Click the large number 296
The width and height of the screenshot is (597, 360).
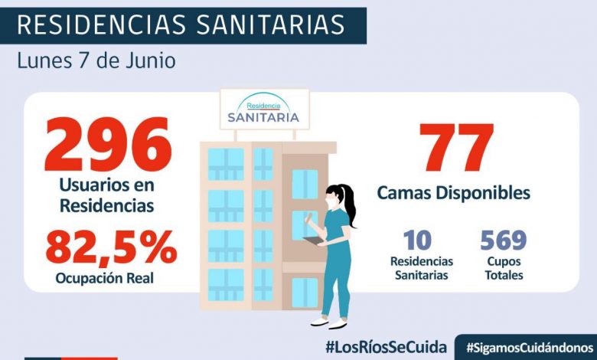pos(107,146)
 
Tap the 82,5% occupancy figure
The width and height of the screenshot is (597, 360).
pos(111,248)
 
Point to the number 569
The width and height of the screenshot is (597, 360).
pos(503,241)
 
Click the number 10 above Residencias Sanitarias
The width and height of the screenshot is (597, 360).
pos(418,241)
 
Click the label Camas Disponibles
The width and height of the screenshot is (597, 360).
pos(453,192)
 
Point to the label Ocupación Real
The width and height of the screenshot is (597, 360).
pos(104,278)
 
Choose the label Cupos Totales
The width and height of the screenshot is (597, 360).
pos(503,268)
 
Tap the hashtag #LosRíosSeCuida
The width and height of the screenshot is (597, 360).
pos(386,347)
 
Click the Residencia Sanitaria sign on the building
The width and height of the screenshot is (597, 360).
pos(264,110)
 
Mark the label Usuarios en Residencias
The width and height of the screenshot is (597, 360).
pos(107,195)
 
